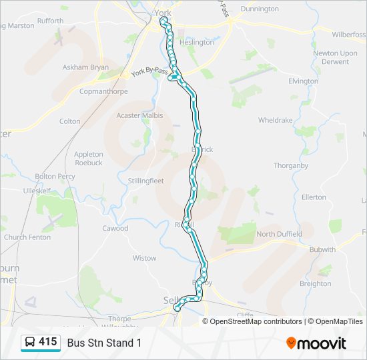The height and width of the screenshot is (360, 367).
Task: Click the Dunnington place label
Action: click(260, 9)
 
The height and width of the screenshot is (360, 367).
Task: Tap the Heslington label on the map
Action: click(196, 42)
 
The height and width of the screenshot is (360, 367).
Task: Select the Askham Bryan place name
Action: click(85, 67)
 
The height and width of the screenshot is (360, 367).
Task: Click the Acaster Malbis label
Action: click(139, 115)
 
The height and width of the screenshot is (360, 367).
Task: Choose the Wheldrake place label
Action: click(276, 121)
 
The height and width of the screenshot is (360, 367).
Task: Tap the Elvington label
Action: click(303, 81)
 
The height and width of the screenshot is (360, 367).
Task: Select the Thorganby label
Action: click(290, 165)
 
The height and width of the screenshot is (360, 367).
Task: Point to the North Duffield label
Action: click(279, 234)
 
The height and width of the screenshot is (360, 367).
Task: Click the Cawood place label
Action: click(115, 228)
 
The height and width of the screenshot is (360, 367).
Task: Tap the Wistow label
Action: click(144, 258)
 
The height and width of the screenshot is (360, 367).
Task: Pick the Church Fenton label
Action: click(27, 237)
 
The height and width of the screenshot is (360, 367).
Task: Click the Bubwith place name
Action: click(322, 249)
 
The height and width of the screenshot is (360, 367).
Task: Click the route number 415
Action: click(48, 342)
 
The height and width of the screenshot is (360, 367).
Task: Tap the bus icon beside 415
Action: click(30, 343)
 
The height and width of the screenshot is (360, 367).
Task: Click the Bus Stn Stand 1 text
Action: click(104, 343)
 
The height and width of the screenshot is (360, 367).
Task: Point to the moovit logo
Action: click(316, 343)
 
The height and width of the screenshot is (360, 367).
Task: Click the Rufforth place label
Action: click(50, 21)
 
